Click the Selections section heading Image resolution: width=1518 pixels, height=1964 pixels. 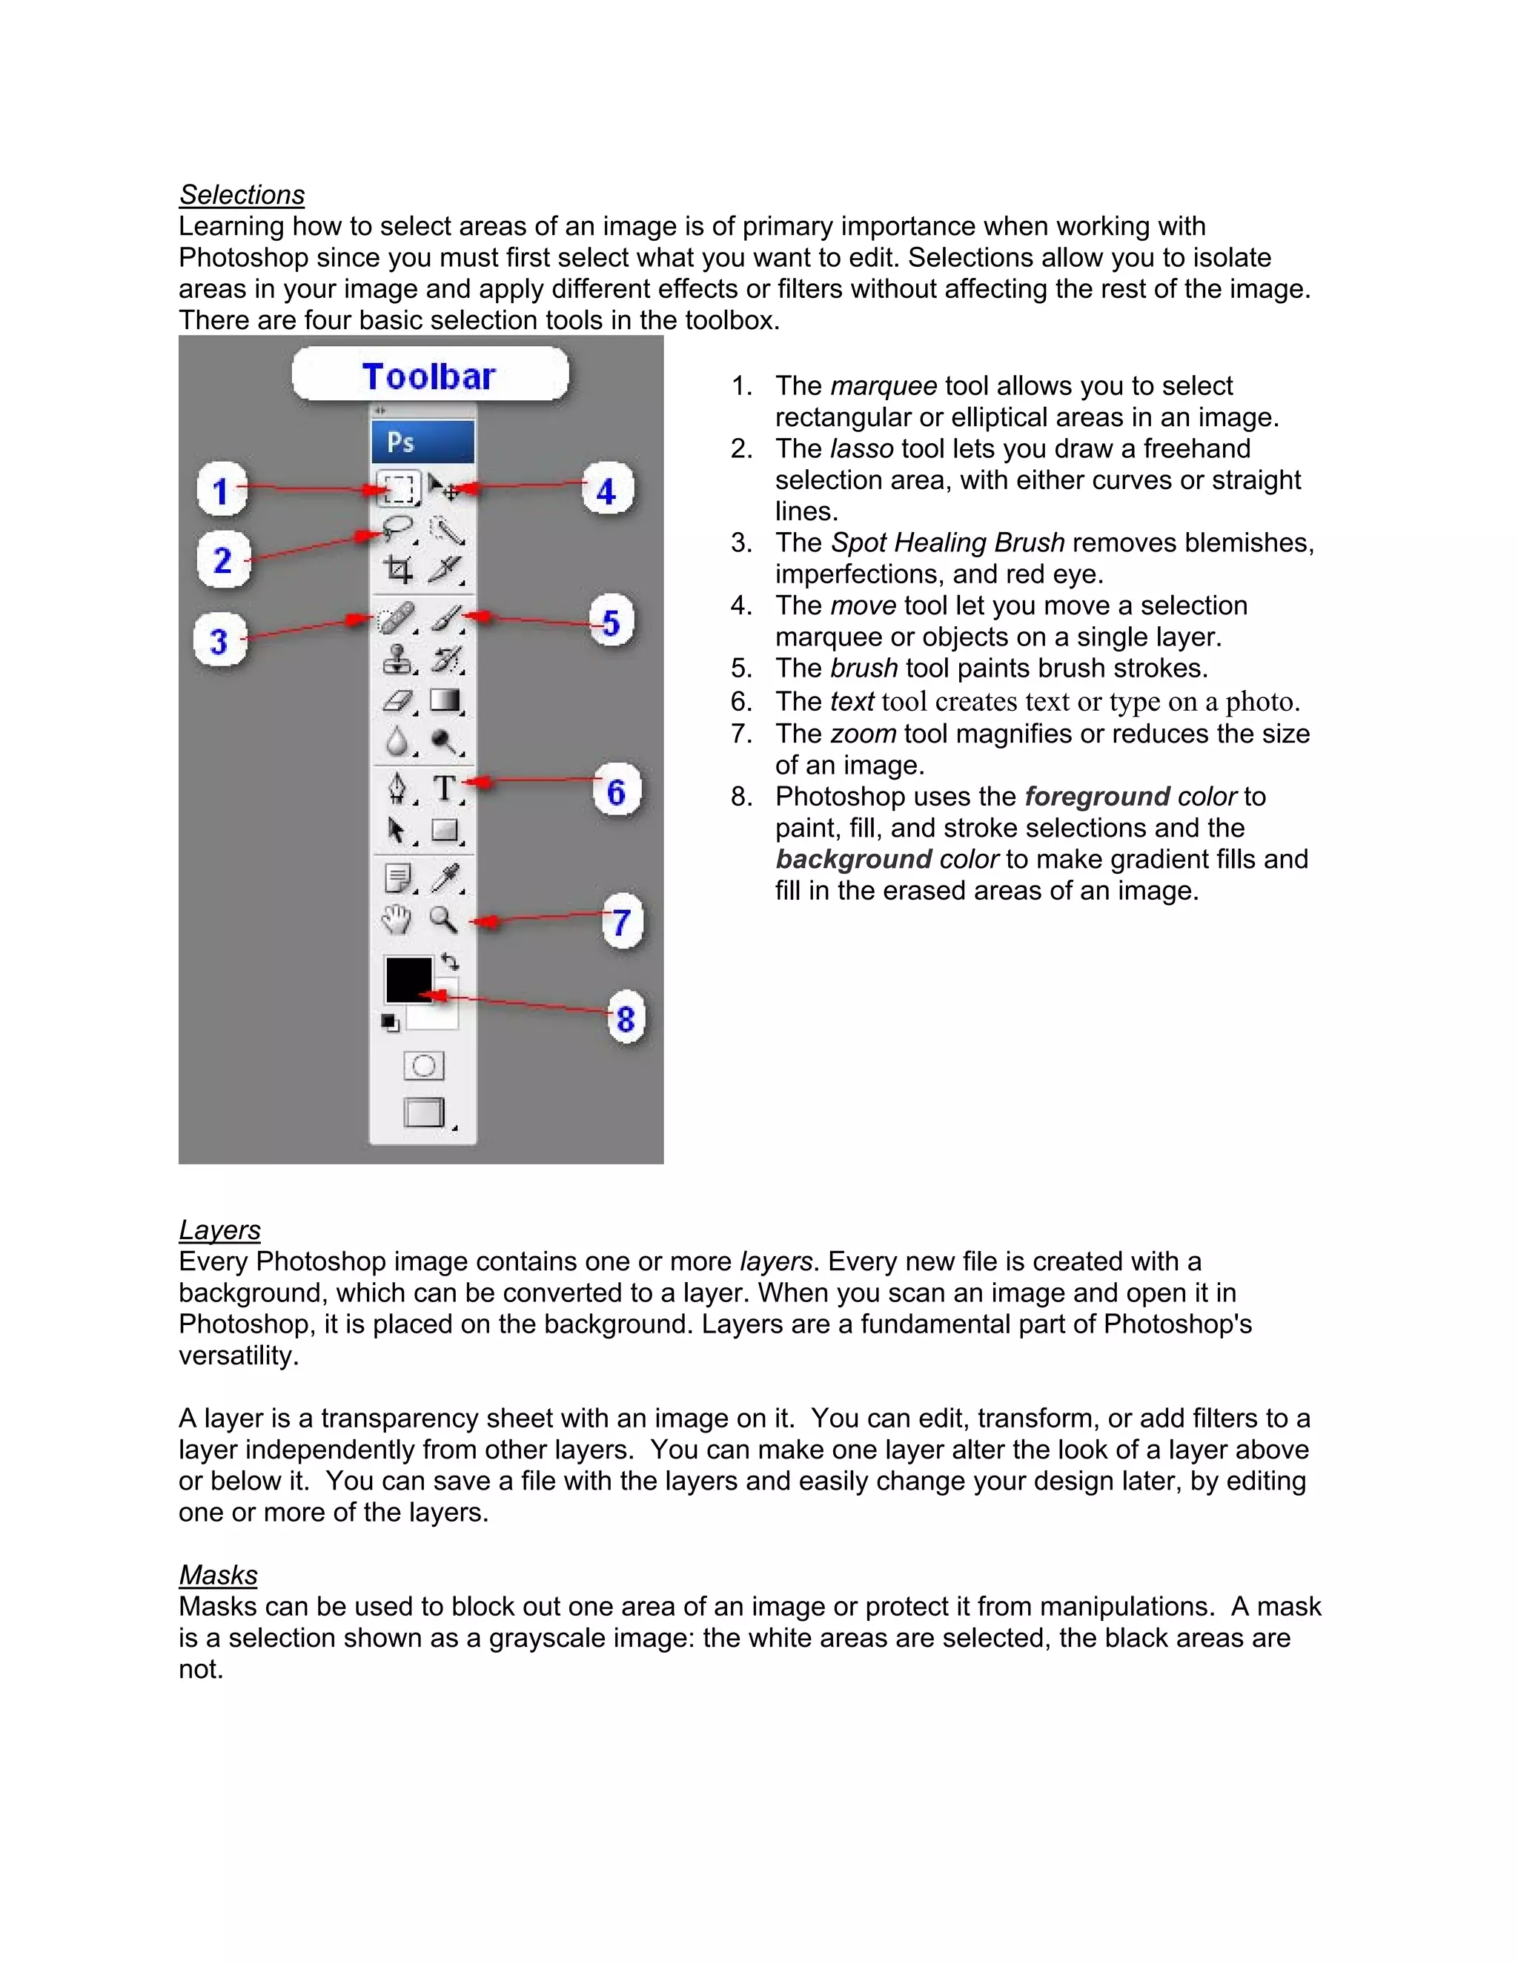[242, 195]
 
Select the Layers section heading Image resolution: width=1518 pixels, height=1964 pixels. [219, 1230]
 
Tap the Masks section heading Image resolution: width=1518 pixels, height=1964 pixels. [218, 1575]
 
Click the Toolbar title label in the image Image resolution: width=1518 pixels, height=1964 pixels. [429, 376]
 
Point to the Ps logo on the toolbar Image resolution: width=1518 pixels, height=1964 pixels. [401, 442]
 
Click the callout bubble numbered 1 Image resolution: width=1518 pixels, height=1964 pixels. [221, 491]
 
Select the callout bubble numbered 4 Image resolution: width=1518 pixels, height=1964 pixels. [607, 491]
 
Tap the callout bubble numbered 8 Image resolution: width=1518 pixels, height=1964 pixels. [625, 1019]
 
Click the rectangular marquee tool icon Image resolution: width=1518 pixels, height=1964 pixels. [397, 488]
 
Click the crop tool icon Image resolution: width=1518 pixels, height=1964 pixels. [397, 569]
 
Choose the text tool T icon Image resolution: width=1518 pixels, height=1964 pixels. [444, 789]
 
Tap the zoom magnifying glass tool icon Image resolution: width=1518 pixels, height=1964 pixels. [443, 919]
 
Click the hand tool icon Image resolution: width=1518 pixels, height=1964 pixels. [397, 919]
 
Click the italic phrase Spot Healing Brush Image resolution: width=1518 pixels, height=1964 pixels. [947, 543]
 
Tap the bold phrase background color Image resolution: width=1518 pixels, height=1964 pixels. [886, 859]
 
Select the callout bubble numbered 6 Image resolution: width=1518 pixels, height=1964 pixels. [616, 792]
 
